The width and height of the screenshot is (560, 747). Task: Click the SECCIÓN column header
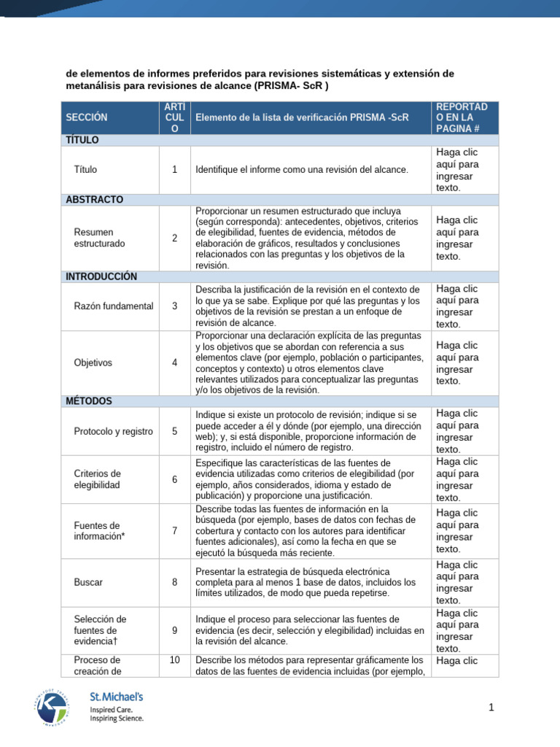pos(86,117)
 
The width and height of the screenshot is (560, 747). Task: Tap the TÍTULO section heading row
pos(82,139)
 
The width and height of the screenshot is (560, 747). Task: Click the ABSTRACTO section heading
pos(94,199)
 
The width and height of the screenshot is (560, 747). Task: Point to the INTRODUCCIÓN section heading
pos(101,276)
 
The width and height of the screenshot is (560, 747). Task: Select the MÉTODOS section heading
pos(89,400)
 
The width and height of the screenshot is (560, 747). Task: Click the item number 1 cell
pos(174,169)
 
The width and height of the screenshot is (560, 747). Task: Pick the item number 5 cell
pos(174,431)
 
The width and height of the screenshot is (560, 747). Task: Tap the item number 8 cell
pos(174,582)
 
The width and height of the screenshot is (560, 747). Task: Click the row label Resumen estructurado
pos(100,237)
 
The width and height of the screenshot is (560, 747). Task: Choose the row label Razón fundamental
pos(114,306)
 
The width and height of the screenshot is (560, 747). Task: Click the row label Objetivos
pos(93,363)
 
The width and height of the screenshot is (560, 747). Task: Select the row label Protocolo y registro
pos(114,431)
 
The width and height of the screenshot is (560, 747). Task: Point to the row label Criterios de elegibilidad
pos(98,479)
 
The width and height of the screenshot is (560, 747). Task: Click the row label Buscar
pos(88,582)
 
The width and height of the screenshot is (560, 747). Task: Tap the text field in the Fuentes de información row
pos(457,530)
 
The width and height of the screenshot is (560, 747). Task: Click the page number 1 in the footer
pos(491,708)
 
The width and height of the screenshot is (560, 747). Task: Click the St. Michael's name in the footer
pos(116,697)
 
